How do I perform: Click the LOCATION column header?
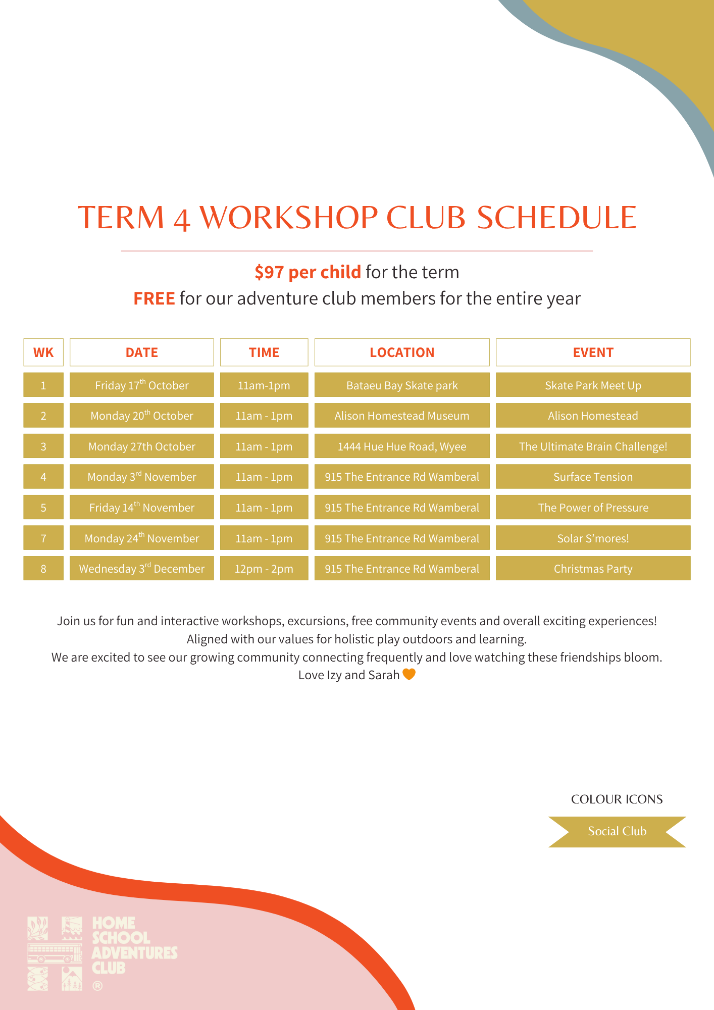point(402,352)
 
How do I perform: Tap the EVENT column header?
point(593,352)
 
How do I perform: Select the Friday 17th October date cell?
point(141,385)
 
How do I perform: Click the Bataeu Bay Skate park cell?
point(402,385)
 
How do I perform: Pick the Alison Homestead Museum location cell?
point(402,416)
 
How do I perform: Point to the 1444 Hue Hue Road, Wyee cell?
point(402,446)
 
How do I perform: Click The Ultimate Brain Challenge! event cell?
point(593,446)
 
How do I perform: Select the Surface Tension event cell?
point(593,477)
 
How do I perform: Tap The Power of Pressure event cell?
point(593,508)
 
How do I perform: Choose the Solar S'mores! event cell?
point(593,538)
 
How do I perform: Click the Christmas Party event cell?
point(593,569)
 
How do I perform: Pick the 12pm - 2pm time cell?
point(264,569)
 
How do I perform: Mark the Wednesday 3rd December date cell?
point(141,569)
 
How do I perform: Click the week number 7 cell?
point(43,538)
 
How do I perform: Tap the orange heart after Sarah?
point(409,674)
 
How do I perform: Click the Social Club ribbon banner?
point(617,831)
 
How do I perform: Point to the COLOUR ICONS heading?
point(617,799)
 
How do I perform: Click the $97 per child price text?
point(308,272)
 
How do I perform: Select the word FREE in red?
point(154,298)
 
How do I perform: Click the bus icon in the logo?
point(55,953)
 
